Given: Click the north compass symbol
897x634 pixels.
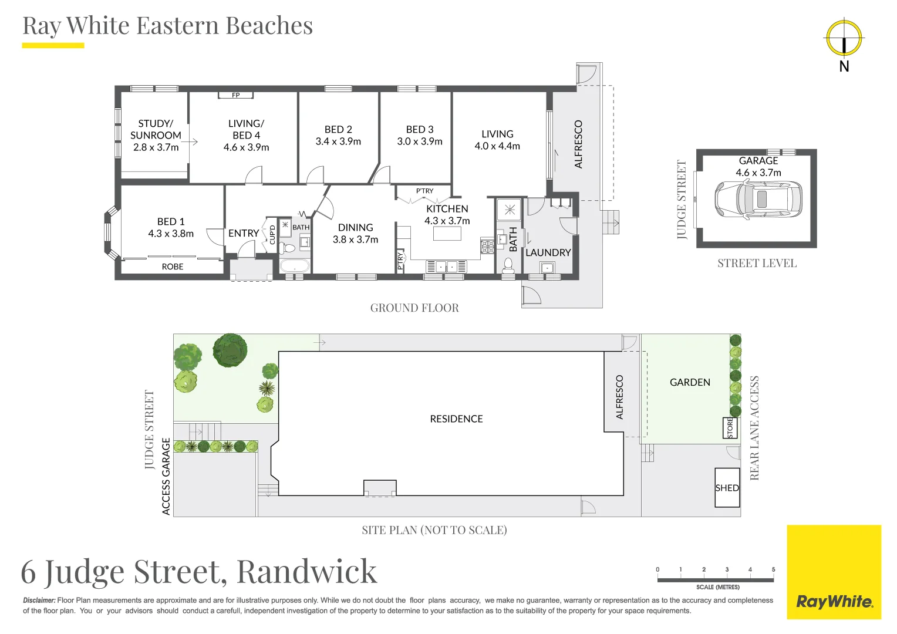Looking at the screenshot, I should pos(844,38).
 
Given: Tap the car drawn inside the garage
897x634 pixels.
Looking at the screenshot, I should pos(758,199).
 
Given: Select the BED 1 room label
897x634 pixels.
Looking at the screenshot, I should pos(171,221).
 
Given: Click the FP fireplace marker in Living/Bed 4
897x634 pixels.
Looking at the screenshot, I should pos(235,95).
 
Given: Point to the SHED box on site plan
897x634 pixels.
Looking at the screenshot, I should pos(727,488).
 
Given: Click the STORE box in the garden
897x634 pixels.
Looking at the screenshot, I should pos(730,428).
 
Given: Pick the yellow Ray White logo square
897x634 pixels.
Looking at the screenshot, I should pos(834,572).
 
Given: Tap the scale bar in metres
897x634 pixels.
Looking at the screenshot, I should pos(715,580).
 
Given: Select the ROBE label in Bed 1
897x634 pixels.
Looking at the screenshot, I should pos(173,267).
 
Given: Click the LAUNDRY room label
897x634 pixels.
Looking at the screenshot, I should pos(548,252).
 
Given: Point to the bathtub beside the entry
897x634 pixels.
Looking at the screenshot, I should pos(294,266).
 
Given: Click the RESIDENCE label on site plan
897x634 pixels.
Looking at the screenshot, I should pos(456,419).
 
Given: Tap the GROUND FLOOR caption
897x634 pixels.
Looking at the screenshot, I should pos(414,308).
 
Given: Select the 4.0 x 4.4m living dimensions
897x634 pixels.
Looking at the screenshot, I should pos(497,146).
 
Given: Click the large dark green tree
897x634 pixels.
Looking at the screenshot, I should pos(230,350).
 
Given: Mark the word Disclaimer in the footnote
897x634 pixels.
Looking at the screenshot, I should pos(39,601).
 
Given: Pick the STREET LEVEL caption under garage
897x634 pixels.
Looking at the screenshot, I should pos(757,264).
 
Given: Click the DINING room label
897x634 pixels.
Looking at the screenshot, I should pos(355,227).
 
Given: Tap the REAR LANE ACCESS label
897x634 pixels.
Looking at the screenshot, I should pos(754,428).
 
